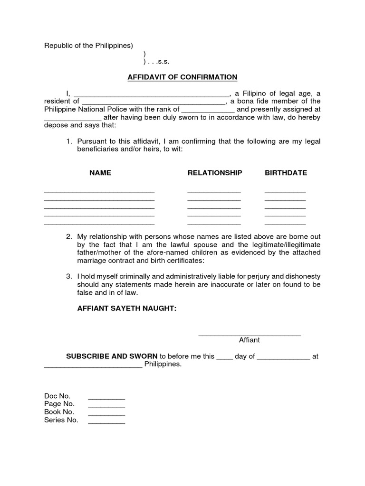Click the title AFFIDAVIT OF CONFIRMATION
(x=182, y=77)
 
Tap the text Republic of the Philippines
(x=88, y=46)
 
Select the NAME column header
(x=100, y=173)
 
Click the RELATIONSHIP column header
(x=214, y=173)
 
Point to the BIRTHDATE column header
(x=286, y=173)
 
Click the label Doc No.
(x=57, y=396)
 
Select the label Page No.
(x=59, y=404)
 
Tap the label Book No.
(x=59, y=412)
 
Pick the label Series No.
(x=61, y=420)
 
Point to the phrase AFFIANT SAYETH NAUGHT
(x=127, y=308)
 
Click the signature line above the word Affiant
(x=249, y=335)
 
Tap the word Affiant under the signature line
(x=249, y=340)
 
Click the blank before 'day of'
(x=224, y=358)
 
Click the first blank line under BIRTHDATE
(x=285, y=191)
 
